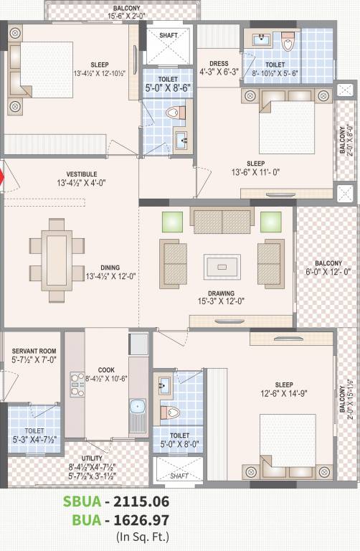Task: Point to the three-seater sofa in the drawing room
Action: [222, 220]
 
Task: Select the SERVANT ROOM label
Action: [33, 352]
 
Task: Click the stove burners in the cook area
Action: [77, 385]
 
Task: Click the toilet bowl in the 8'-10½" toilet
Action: [289, 44]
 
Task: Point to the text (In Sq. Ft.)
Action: [143, 535]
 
